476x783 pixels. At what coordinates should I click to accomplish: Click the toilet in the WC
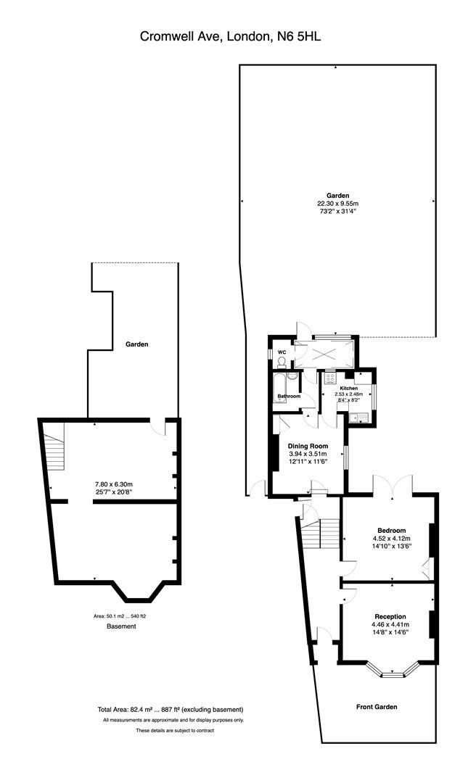(x=282, y=362)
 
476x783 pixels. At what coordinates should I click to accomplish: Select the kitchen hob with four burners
(x=329, y=378)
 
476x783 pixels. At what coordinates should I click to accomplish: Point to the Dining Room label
(x=308, y=446)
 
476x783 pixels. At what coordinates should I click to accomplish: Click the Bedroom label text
(x=391, y=530)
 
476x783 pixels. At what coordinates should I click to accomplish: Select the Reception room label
(x=390, y=616)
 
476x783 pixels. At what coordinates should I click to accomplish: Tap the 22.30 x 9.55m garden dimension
(x=337, y=204)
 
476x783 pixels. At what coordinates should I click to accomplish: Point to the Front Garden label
(x=377, y=706)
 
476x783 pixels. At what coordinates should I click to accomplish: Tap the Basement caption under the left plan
(x=121, y=626)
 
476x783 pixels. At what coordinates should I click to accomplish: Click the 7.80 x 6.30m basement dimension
(x=113, y=484)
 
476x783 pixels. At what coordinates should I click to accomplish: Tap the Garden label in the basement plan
(x=136, y=344)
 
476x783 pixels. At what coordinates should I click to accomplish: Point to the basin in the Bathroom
(x=292, y=377)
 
